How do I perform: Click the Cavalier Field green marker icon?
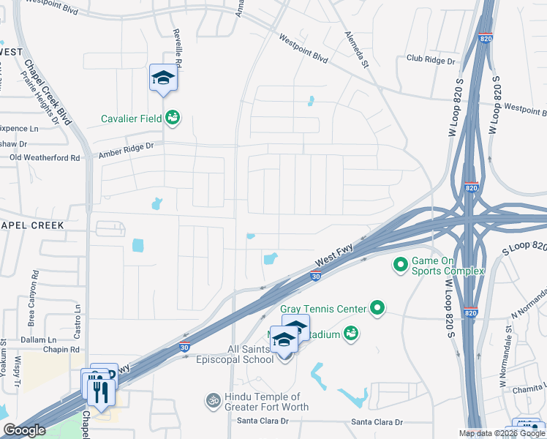173,117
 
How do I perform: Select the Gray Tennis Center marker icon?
377,309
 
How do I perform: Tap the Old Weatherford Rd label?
45,157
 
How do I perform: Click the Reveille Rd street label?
176,45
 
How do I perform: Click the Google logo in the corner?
25,430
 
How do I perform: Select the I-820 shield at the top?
486,38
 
